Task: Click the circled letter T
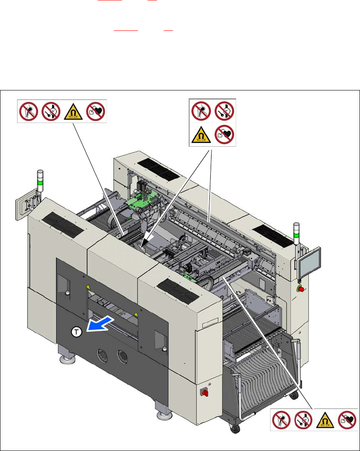point(76,333)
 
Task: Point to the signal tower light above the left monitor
point(41,180)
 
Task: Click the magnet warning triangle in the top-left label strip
point(74,111)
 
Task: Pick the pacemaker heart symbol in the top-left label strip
point(96,111)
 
